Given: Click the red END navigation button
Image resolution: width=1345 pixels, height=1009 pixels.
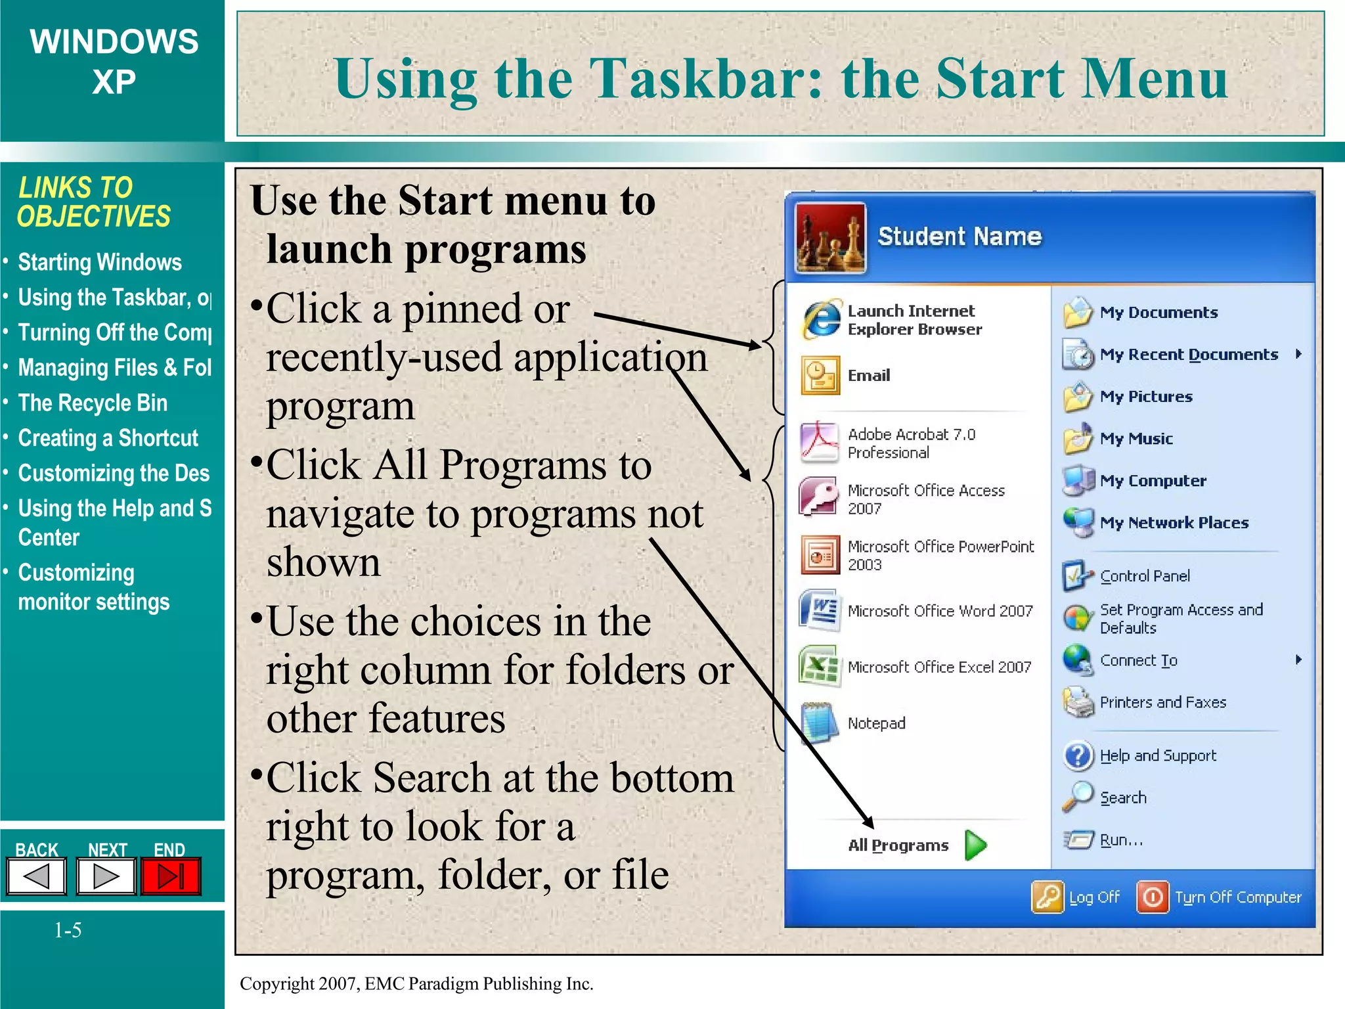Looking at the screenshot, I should (170, 876).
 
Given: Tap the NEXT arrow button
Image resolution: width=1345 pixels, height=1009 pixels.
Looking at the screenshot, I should (106, 876).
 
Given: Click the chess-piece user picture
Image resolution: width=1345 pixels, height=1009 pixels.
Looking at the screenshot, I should (830, 238).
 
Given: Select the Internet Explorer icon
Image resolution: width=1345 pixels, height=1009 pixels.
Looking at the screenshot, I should (820, 320).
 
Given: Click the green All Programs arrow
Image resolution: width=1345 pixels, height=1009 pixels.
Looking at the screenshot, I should (976, 845).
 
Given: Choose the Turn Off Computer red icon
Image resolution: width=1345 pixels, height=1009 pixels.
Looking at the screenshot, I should (1153, 897).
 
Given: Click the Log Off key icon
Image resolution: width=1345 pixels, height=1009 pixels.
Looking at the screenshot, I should (1047, 897).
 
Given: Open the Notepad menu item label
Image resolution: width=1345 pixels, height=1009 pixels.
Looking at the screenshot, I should (876, 723).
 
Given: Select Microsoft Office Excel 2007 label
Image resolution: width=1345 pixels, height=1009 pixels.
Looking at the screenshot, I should (939, 667).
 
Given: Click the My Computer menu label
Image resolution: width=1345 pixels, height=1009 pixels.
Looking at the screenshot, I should (1153, 481).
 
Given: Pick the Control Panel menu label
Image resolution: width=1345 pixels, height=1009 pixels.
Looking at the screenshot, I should (1145, 576).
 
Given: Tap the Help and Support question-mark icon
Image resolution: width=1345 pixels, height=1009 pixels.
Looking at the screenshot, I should (1078, 756).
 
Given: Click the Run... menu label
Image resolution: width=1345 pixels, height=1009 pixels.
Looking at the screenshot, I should (1121, 840).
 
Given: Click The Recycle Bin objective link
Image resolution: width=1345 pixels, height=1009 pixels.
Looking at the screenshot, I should (93, 403).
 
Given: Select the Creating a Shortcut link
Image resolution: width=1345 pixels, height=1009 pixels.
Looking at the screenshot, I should (108, 438).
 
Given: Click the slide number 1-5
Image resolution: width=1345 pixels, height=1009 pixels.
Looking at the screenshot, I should (68, 930).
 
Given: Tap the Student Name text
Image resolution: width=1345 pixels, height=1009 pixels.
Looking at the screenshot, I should (959, 236).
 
